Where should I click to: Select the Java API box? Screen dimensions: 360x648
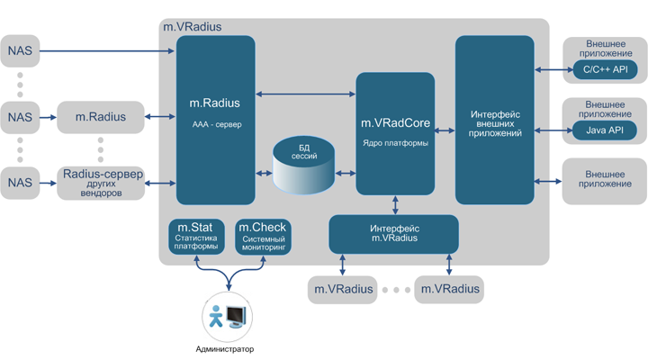pyautogui.click(x=605, y=130)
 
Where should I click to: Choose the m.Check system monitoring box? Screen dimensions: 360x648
pyautogui.click(x=263, y=237)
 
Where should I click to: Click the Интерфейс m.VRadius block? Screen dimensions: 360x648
pyautogui.click(x=394, y=234)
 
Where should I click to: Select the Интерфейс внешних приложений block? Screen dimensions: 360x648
pyautogui.click(x=494, y=121)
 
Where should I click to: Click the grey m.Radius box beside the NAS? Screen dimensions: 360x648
pyautogui.click(x=100, y=117)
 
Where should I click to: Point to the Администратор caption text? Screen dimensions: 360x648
pyautogui.click(x=225, y=349)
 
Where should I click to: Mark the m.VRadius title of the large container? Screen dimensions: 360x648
pyautogui.click(x=192, y=27)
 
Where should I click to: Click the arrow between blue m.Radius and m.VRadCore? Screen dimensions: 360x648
pyautogui.click(x=306, y=94)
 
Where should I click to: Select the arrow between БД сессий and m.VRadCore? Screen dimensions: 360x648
pyautogui.click(x=346, y=173)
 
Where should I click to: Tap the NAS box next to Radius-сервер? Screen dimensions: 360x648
pyautogui.click(x=20, y=183)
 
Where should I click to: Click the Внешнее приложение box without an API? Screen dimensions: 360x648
pyautogui.click(x=604, y=180)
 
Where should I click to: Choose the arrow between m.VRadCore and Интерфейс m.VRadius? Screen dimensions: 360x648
pyautogui.click(x=396, y=204)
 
